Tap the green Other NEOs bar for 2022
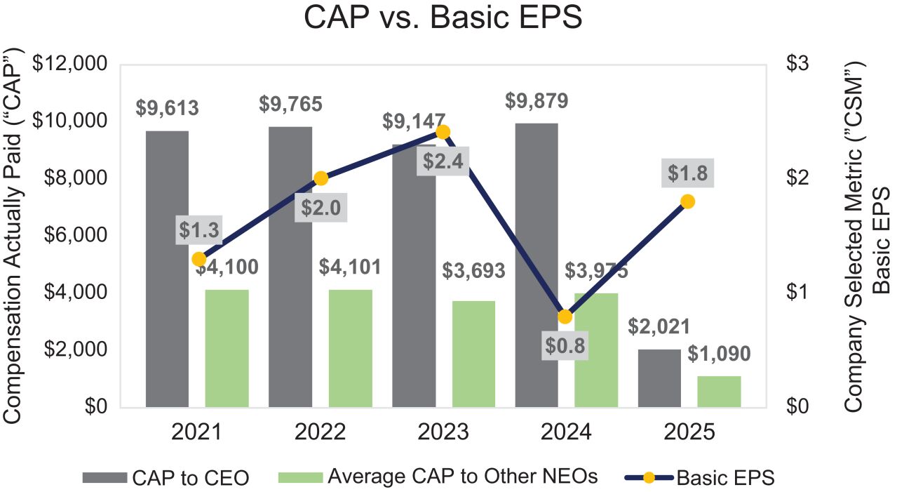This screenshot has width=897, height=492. click(x=351, y=348)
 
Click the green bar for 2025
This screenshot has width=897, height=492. click(x=719, y=392)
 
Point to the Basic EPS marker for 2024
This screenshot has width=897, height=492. click(x=565, y=317)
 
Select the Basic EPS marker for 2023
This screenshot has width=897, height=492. click(x=443, y=132)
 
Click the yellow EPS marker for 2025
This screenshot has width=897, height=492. click(x=688, y=201)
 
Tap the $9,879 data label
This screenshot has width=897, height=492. click(x=537, y=101)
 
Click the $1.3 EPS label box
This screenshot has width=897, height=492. click(x=198, y=231)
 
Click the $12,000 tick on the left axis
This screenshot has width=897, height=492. click(x=75, y=64)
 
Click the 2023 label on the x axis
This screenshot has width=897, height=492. click(x=443, y=432)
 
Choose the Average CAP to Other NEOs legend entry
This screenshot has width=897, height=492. click(x=438, y=477)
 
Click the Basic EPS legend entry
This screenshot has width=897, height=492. click(x=700, y=478)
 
